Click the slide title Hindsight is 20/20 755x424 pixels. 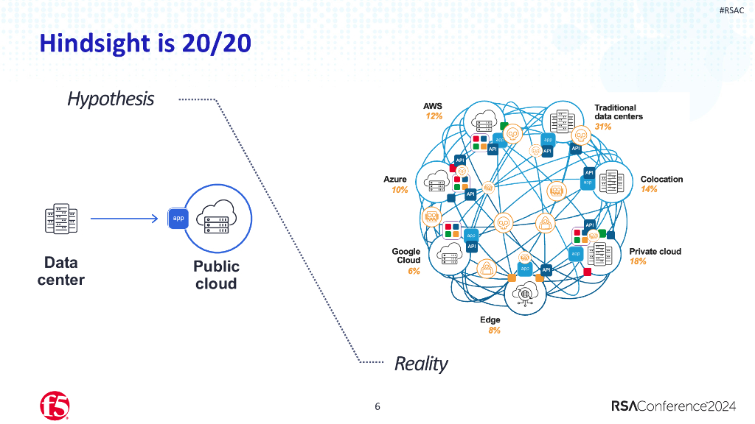coord(145,43)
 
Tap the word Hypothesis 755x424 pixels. coord(111,99)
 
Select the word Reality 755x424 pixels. coord(421,363)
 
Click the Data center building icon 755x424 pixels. coord(60,218)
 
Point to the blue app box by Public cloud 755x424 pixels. coord(178,218)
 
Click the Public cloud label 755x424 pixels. coord(216,275)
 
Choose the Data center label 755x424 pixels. coord(60,271)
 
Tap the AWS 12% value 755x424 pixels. coord(434,116)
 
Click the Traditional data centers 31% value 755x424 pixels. coord(603,127)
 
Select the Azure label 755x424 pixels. coord(395,180)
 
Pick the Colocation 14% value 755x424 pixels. coord(649,189)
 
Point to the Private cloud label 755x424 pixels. coord(655,252)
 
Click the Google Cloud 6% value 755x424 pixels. coord(414,271)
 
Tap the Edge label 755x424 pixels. coord(490,320)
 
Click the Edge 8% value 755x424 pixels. coord(494,331)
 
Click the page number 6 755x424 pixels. coord(377,406)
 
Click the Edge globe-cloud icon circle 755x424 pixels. coord(525,293)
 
